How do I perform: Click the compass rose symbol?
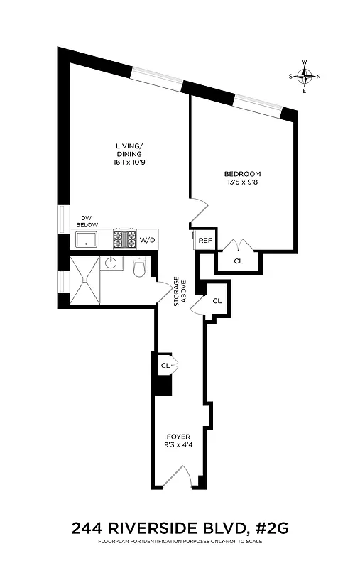pyautogui.click(x=305, y=77)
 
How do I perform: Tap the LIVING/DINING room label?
pyautogui.click(x=129, y=150)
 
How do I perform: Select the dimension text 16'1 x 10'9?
pyautogui.click(x=129, y=163)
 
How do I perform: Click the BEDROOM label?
pyautogui.click(x=242, y=174)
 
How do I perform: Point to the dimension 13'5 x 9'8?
pyautogui.click(x=242, y=182)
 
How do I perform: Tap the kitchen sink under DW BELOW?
pyautogui.click(x=87, y=239)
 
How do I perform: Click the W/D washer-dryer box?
pyautogui.click(x=147, y=240)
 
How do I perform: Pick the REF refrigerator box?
pyautogui.click(x=205, y=241)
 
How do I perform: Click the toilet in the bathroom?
pyautogui.click(x=140, y=268)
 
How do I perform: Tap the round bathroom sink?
pyautogui.click(x=111, y=263)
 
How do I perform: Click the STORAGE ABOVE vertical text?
pyautogui.click(x=182, y=292)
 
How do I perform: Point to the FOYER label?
pyautogui.click(x=177, y=437)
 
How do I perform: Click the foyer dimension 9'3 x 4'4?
pyautogui.click(x=177, y=447)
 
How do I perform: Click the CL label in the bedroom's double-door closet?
pyautogui.click(x=238, y=261)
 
